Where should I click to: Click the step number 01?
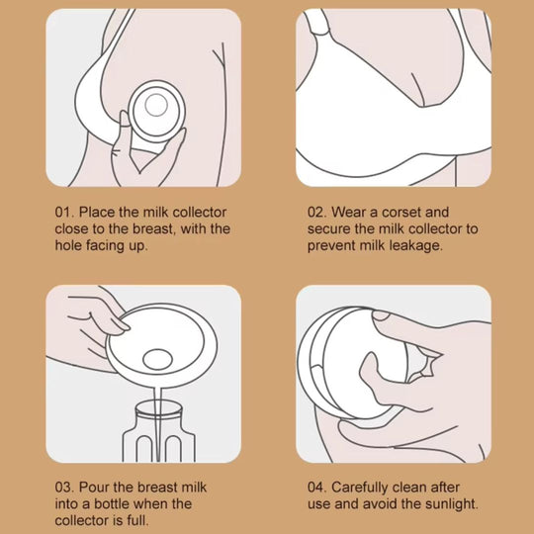pos(63,212)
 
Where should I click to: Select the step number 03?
pos(63,488)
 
